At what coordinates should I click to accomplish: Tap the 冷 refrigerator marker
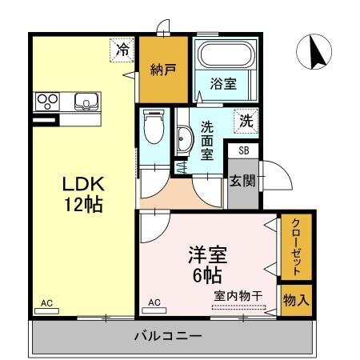[122, 50]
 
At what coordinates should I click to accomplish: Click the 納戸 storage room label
[162, 69]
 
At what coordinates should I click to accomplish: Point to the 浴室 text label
[222, 82]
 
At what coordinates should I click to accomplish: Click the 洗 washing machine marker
[246, 121]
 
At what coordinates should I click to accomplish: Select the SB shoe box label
[243, 150]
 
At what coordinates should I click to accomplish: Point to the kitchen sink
[86, 102]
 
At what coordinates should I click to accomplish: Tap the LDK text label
[83, 183]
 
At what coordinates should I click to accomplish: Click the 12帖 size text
[83, 205]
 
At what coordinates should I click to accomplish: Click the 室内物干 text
[238, 296]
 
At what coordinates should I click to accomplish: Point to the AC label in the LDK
[46, 303]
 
